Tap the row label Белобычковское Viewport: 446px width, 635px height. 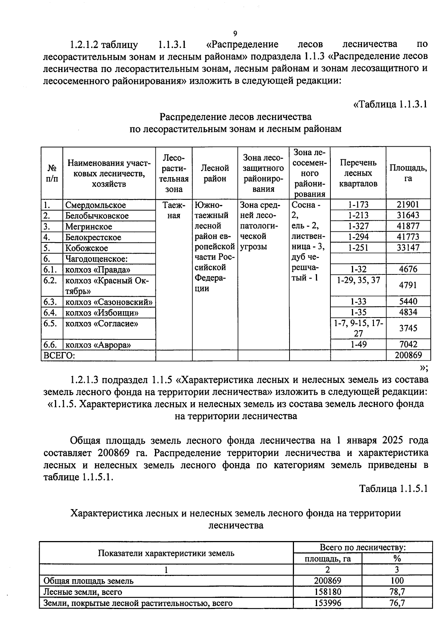click(x=97, y=216)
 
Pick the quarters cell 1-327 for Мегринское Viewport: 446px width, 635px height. click(x=358, y=226)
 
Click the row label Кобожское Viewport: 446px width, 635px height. click(x=87, y=248)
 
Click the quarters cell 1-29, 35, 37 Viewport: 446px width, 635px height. click(x=358, y=280)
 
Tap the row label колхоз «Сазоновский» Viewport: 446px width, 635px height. click(x=109, y=302)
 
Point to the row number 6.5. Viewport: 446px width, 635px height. click(x=50, y=323)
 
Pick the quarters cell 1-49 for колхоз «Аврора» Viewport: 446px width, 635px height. click(x=358, y=345)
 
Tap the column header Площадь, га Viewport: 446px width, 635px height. click(x=408, y=173)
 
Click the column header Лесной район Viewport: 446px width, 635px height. click(x=215, y=173)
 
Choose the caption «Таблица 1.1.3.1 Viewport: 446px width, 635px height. click(x=390, y=104)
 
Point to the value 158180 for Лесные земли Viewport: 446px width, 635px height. click(x=327, y=592)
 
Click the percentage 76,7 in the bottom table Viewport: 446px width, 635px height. click(x=397, y=603)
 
